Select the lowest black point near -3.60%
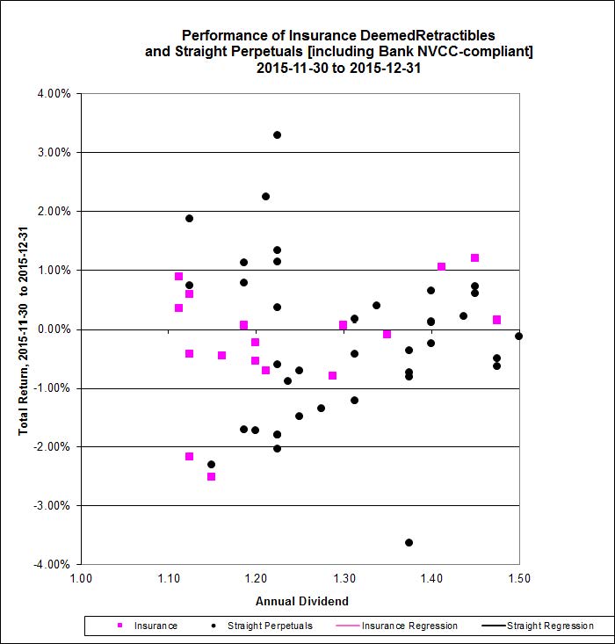409,542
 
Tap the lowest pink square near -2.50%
211,476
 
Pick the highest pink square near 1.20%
474,257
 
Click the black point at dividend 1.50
518,336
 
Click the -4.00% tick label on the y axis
53,564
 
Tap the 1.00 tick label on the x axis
80,579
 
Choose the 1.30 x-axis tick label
344,579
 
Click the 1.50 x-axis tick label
519,579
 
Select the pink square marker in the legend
120,626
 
